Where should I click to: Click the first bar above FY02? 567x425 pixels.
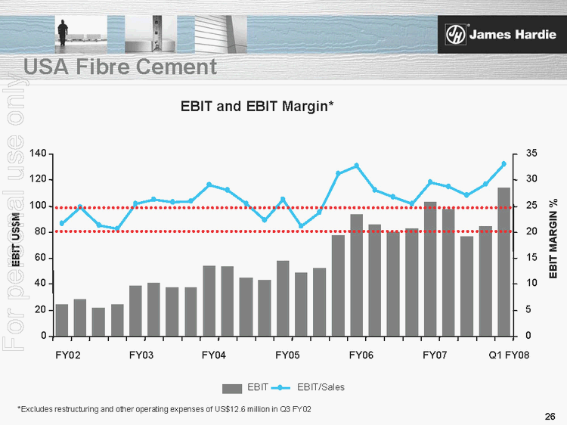[62, 319]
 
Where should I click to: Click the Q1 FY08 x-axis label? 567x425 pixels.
[509, 355]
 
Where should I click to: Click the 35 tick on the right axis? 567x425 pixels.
[531, 154]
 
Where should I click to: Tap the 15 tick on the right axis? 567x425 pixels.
[531, 258]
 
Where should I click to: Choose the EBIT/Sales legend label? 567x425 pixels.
[321, 387]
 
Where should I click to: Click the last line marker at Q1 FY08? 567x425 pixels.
[503, 164]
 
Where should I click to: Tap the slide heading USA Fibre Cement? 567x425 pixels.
[120, 67]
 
